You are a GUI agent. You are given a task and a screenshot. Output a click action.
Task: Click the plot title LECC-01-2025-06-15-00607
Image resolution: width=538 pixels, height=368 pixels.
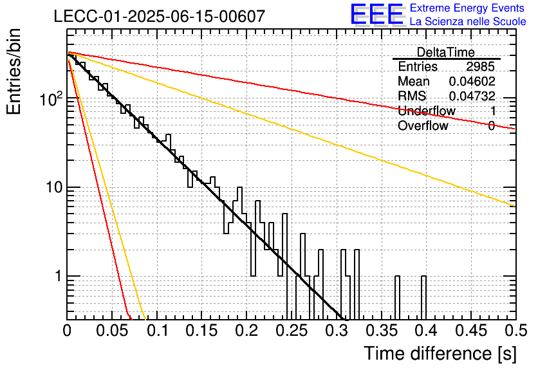160,16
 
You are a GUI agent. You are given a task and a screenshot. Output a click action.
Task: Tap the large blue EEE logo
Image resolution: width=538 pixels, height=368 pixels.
377,14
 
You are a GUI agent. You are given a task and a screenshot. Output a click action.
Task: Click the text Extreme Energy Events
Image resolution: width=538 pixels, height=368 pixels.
467,8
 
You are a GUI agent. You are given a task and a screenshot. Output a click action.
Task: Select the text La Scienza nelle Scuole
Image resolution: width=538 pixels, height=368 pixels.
468,21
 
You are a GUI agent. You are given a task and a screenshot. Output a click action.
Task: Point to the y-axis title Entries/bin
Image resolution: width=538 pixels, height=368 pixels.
14,71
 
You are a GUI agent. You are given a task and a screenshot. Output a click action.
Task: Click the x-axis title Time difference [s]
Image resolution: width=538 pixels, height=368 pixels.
440,353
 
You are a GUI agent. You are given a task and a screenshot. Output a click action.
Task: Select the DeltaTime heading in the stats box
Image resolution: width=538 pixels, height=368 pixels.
446,52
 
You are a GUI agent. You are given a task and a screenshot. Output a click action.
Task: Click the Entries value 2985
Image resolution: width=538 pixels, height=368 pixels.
480,66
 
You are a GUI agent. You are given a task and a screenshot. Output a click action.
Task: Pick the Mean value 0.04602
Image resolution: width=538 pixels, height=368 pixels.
472,81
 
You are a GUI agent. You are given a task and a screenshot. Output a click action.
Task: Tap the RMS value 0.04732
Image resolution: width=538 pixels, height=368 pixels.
472,96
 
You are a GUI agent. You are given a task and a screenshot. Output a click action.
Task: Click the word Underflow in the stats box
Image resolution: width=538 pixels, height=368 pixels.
427,111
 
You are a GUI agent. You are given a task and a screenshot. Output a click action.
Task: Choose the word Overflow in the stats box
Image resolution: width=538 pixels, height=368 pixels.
423,125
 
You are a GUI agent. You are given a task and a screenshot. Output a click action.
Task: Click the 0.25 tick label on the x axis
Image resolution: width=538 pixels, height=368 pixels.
292,331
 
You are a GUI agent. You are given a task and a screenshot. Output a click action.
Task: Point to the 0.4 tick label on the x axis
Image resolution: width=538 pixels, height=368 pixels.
426,331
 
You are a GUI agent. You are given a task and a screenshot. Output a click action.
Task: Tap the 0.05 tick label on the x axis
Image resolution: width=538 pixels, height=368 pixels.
112,331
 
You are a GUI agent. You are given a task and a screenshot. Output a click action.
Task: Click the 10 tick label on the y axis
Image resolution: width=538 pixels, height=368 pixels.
54,187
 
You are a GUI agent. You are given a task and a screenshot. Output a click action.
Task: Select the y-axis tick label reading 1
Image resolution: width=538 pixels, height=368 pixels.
58,276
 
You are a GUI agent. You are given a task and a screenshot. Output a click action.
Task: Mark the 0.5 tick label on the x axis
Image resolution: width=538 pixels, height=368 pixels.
516,331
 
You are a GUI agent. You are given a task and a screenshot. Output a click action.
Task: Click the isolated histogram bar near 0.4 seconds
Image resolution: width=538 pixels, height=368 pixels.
423,297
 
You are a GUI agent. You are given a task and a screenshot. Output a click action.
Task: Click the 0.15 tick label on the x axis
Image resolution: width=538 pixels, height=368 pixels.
202,331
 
